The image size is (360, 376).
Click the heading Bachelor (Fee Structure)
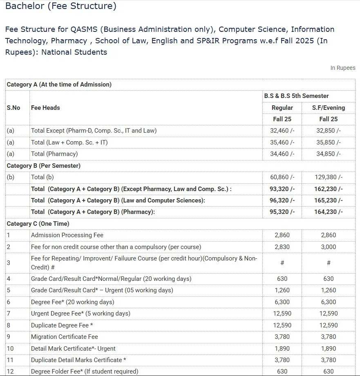pyautogui.click(x=60, y=6)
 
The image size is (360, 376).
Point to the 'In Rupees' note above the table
pyautogui.click(x=342, y=68)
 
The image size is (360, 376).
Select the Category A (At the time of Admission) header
pyautogui.click(x=59, y=85)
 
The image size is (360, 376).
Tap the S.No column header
pyautogui.click(x=13, y=108)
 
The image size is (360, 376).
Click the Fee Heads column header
pyautogui.click(x=45, y=108)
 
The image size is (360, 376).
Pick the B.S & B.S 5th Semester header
pyautogui.click(x=296, y=96)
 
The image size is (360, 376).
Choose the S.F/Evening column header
pyautogui.click(x=328, y=108)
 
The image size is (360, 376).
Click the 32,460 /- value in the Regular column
pyautogui.click(x=282, y=131)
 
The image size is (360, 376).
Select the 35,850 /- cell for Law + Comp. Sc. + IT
pyautogui.click(x=328, y=142)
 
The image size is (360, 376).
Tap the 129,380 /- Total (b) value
pyautogui.click(x=329, y=177)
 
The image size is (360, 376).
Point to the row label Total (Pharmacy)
pyautogui.click(x=54, y=154)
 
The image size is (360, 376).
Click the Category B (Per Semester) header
pyautogui.click(x=44, y=166)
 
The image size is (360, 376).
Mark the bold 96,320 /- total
pyautogui.click(x=282, y=200)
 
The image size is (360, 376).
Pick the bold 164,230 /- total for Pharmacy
pyautogui.click(x=329, y=212)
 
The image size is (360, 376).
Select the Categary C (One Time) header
pyautogui.click(x=38, y=224)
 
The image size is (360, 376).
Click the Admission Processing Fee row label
pyautogui.click(x=67, y=235)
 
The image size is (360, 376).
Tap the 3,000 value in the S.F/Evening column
pyautogui.click(x=328, y=247)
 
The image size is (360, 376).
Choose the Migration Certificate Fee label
pyautogui.click(x=65, y=337)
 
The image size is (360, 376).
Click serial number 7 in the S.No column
pyautogui.click(x=9, y=314)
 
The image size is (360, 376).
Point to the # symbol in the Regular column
pyautogui.click(x=282, y=263)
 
